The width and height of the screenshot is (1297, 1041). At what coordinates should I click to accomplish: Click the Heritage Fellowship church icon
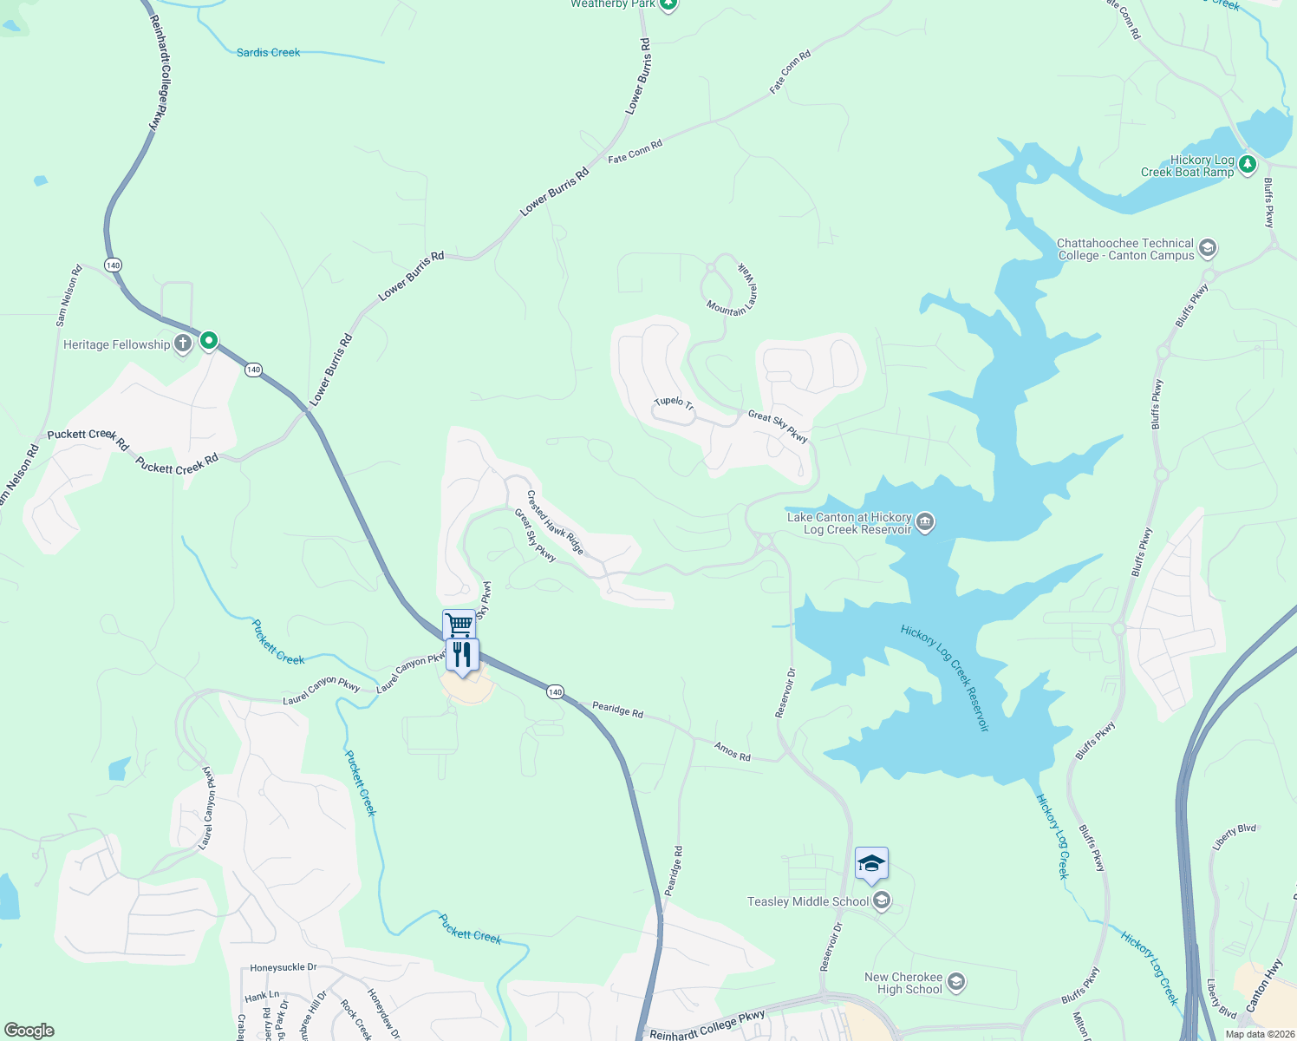183,344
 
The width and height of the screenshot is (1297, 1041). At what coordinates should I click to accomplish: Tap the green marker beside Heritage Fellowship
209,341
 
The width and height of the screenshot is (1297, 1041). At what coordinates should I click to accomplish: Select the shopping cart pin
459,625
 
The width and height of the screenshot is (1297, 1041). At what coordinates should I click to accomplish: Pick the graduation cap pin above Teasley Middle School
871,864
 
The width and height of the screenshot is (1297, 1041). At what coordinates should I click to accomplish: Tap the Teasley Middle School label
808,901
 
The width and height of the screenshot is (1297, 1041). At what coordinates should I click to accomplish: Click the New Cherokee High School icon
956,982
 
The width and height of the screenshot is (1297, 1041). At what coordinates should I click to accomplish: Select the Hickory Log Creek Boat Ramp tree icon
1248,163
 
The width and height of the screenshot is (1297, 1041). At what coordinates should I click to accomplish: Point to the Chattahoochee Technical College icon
1208,249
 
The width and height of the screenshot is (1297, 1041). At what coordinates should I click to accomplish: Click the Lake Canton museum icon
925,521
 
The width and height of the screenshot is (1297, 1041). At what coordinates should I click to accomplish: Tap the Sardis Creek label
269,53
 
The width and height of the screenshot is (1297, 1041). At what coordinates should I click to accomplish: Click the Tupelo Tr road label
674,403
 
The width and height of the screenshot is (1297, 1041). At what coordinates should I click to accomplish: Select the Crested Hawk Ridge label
556,523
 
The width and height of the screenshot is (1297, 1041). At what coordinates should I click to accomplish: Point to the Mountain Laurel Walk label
733,288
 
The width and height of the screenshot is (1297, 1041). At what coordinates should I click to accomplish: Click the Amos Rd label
733,751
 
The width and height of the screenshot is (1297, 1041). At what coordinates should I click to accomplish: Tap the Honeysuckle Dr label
284,967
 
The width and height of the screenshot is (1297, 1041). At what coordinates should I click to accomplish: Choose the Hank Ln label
262,996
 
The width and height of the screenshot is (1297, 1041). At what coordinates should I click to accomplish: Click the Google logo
29,1031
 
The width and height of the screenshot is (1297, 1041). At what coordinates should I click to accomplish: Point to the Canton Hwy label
1265,985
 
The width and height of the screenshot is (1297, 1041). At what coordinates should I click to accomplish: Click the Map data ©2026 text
1260,1034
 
